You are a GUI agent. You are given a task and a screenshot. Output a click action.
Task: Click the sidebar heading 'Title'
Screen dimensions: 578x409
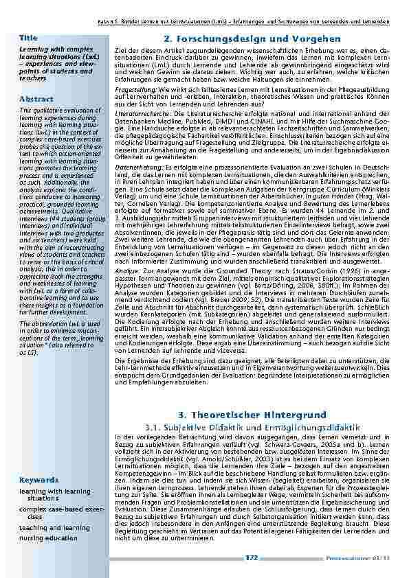click(28, 36)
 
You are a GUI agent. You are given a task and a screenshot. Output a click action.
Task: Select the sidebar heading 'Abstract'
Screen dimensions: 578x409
click(36, 100)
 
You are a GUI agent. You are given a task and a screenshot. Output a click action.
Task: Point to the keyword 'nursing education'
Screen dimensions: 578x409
click(48, 538)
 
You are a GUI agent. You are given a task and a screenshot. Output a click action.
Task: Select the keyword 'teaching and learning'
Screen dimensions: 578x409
click(54, 528)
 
